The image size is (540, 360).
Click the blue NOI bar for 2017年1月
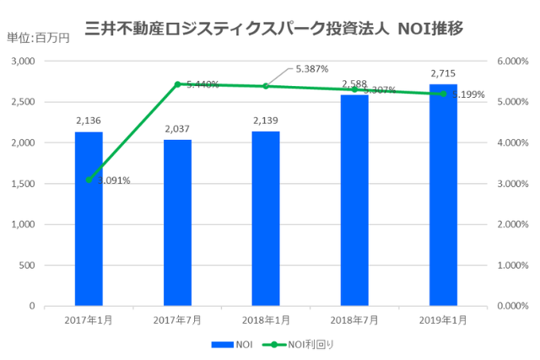coord(89,219)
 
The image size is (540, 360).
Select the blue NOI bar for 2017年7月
coord(177,223)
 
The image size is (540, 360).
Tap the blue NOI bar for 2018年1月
coord(266,219)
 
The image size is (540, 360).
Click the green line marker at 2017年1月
coord(89,180)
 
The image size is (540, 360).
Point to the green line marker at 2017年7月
coord(177,84)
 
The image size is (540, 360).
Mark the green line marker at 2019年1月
coord(443,94)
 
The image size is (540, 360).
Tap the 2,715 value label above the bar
coord(443,74)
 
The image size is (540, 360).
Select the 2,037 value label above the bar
coord(177,129)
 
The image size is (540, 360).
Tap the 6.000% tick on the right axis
coord(511,62)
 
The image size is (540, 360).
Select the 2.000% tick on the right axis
coord(511,224)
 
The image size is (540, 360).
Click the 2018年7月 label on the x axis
coord(354,321)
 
